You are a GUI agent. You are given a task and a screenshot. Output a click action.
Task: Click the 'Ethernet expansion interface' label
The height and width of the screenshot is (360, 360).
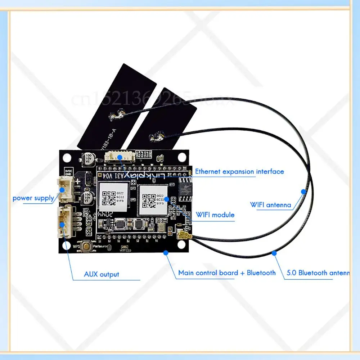coord(239,172)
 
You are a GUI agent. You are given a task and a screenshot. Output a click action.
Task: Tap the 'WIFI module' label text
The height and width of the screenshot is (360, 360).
coord(215,215)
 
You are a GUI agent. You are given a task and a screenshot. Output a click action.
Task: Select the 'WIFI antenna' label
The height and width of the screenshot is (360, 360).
coord(271,205)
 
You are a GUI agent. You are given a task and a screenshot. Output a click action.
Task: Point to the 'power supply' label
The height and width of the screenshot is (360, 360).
coord(33,198)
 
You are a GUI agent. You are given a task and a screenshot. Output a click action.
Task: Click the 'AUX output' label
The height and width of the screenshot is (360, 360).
coord(102,274)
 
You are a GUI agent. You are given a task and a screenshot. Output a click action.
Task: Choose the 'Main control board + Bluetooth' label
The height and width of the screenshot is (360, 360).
coord(227,273)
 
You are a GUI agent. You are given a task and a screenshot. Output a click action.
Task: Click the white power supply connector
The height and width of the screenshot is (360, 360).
coord(65,189)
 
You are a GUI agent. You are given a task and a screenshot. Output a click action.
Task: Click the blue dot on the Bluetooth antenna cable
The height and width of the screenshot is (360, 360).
coord(274,253)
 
